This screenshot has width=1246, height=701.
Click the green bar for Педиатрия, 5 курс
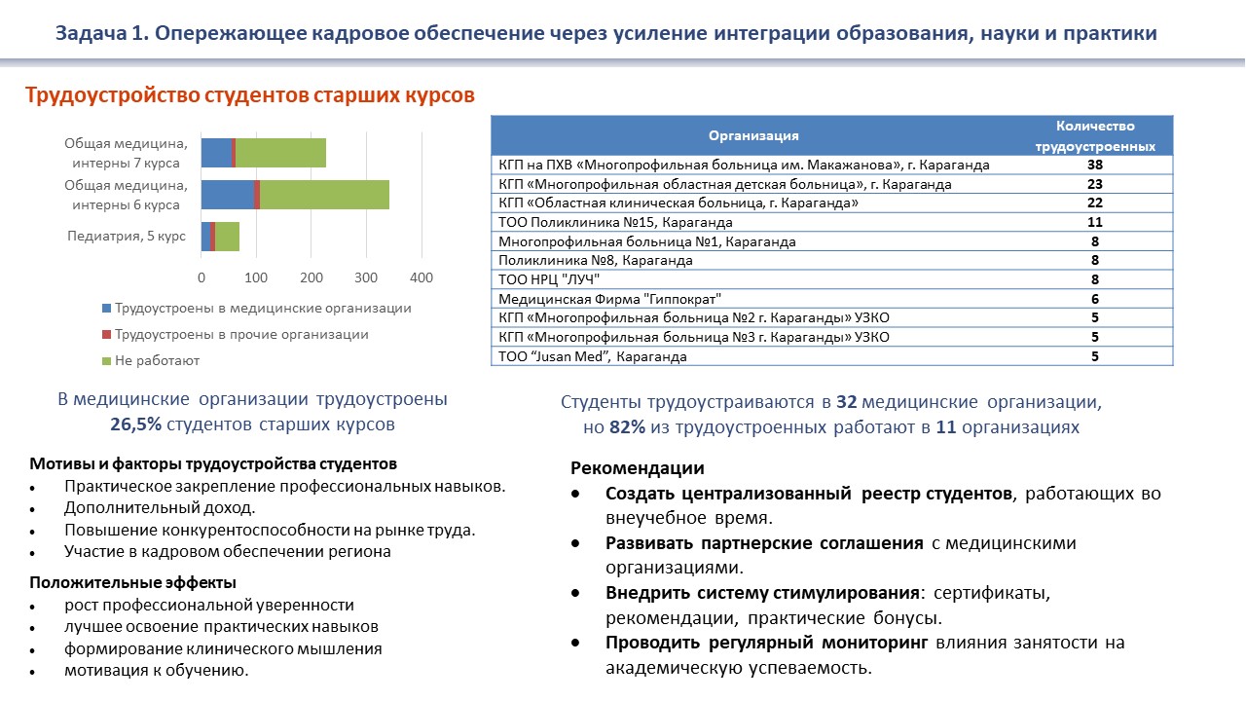pyautogui.click(x=227, y=237)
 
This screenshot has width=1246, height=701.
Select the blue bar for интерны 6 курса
pyautogui.click(x=227, y=194)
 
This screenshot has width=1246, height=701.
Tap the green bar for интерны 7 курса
pyautogui.click(x=280, y=153)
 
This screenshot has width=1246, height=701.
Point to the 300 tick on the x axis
pyautogui.click(x=366, y=277)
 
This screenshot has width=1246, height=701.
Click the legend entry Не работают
pyautogui.click(x=157, y=360)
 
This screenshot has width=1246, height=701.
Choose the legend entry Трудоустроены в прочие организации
pyautogui.click(x=241, y=334)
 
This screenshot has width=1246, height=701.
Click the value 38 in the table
pyautogui.click(x=1095, y=165)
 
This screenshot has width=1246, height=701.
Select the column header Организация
pyautogui.click(x=753, y=135)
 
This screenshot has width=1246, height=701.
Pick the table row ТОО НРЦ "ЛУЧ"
pyautogui.click(x=549, y=279)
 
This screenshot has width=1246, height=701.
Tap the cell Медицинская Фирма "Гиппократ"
pyautogui.click(x=610, y=299)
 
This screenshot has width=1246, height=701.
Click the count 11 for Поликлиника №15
pyautogui.click(x=1095, y=222)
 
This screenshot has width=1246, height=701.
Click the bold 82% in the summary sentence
pyautogui.click(x=628, y=427)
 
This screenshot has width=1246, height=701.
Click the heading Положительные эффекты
pyautogui.click(x=132, y=582)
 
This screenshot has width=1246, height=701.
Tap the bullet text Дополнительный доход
pyautogui.click(x=160, y=507)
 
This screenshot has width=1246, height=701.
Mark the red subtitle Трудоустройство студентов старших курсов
pyautogui.click(x=249, y=95)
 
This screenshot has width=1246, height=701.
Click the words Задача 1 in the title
pyautogui.click(x=101, y=34)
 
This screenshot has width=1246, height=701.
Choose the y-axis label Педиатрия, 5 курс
pyautogui.click(x=126, y=236)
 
